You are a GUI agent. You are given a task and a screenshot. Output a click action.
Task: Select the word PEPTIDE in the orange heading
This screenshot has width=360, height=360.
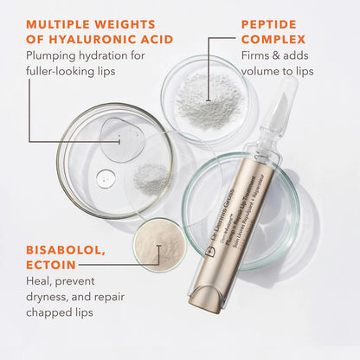click(270, 22)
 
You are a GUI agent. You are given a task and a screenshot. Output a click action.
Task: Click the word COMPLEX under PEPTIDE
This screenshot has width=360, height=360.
click(273, 40)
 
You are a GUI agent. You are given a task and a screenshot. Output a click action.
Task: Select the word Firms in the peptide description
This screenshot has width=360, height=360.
click(255, 57)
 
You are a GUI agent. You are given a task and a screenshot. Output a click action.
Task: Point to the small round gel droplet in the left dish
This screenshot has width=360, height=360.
click(106, 179)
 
